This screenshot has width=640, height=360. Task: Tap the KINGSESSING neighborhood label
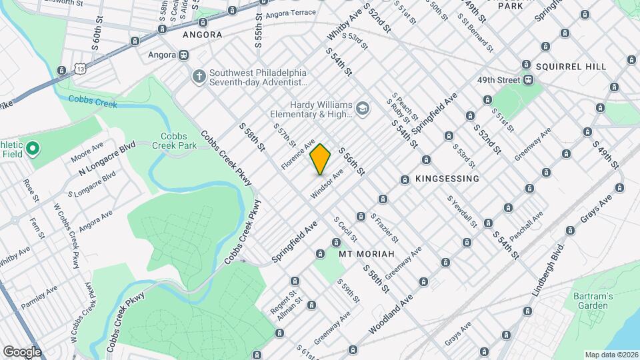point(447,179)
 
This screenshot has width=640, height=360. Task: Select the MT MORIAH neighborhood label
point(367,255)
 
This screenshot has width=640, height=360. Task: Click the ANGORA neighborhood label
point(202,35)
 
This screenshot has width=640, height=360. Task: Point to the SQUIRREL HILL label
point(571,67)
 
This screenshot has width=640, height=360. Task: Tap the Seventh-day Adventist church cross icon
point(198,77)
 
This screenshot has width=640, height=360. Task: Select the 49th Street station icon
point(528,80)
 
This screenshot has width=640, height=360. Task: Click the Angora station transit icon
point(183,55)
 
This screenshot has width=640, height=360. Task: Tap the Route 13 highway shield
point(81,69)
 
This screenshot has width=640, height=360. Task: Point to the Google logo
point(22,351)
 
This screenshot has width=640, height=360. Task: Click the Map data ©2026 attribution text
point(610,355)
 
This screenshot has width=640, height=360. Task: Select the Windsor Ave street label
point(327,183)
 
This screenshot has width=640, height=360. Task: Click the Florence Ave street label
point(297,154)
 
